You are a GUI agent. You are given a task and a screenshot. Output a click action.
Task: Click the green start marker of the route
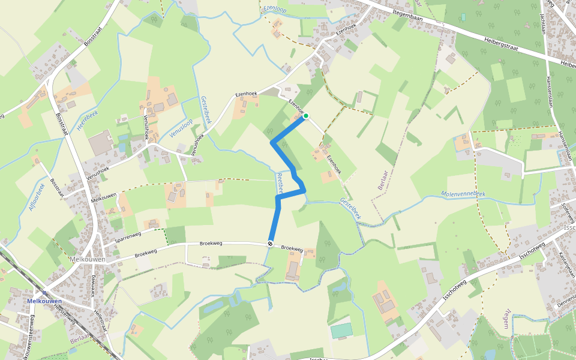click(305, 116)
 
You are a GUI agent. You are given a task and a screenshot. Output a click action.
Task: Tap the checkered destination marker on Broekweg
click(271, 244)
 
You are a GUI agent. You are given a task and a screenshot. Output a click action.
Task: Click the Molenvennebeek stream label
click(463, 194)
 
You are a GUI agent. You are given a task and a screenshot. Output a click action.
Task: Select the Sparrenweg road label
click(128, 236)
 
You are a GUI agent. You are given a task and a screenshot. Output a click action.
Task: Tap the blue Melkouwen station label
click(44, 301)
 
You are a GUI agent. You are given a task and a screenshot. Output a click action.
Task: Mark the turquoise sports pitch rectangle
click(341, 331)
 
